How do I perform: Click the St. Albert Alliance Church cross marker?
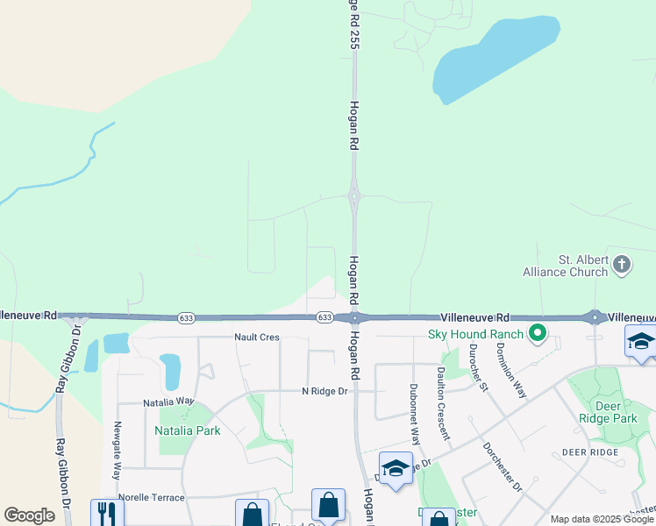point(622,264)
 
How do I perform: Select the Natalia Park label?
point(187,430)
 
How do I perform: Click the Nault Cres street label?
point(256,337)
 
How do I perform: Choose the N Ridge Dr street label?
point(324,391)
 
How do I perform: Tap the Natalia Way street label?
point(168,402)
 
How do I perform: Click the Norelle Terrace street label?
point(152,497)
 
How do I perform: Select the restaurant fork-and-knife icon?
point(107,511)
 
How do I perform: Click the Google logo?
point(29,515)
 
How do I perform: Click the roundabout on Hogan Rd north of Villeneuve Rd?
point(354,197)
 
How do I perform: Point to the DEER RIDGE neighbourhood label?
point(590,452)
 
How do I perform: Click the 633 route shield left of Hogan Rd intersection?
point(185,317)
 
